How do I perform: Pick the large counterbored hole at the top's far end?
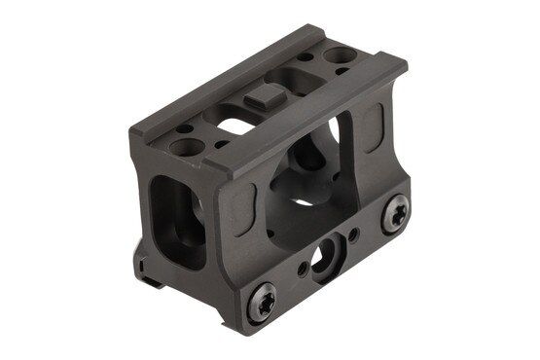341,57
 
